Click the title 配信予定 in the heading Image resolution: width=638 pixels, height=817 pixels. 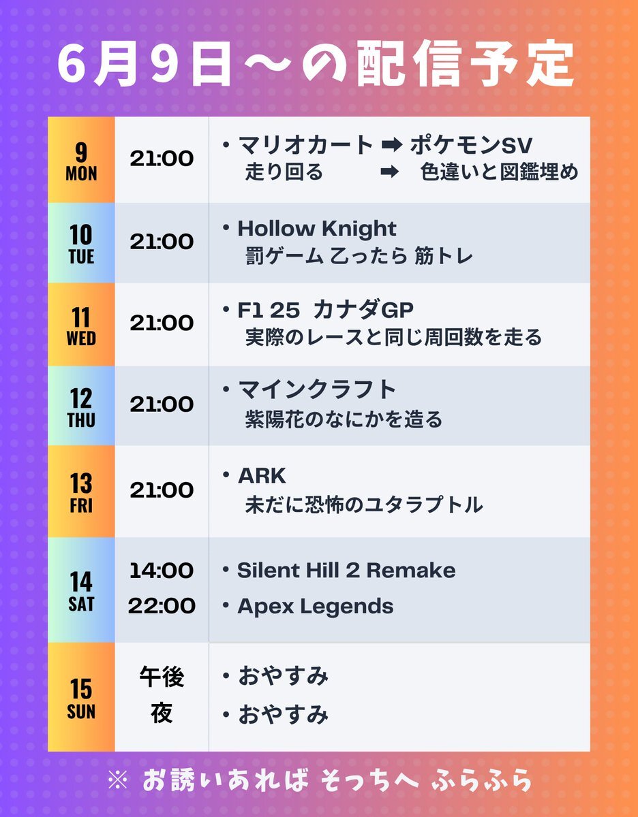coord(465,63)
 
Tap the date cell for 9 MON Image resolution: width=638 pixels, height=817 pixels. coord(81,160)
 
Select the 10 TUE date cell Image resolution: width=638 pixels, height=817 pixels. coord(81,243)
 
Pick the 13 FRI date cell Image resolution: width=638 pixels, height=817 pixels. coord(81,492)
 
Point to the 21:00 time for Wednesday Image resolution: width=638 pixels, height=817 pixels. coord(162,323)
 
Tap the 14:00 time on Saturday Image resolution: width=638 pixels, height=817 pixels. coord(162,571)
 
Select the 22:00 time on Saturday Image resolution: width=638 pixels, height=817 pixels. coord(162,606)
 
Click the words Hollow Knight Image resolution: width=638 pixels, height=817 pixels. coord(317,229)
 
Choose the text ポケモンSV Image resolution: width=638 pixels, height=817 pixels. coord(472,146)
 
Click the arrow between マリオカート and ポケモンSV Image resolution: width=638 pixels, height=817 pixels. coord(391,146)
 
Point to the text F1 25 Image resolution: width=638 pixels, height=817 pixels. coord(269,310)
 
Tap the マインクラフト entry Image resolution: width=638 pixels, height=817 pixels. coord(317,389)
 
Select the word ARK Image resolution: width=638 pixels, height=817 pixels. coord(262,476)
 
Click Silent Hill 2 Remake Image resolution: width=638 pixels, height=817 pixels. coord(347,571)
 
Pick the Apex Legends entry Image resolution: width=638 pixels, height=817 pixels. coord(316,607)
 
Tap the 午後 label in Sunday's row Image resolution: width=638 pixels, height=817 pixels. coord(162,677)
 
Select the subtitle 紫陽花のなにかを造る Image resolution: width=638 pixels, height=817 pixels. coord(344,419)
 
